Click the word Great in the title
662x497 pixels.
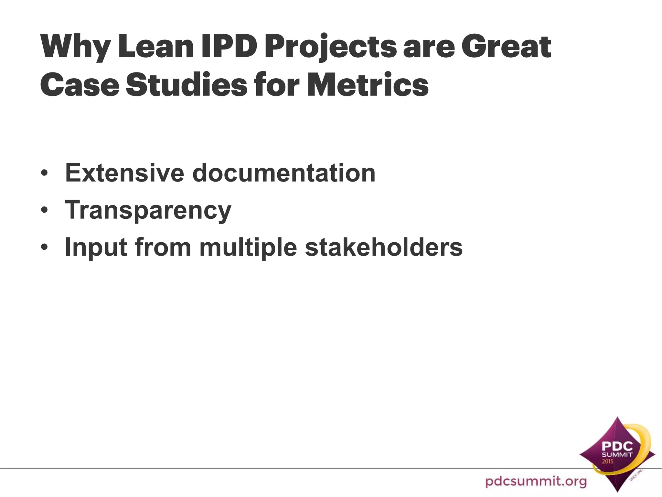pos(506,47)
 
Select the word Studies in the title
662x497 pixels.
pos(186,85)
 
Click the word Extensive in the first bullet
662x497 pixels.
pos(125,173)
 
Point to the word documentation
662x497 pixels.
pos(284,173)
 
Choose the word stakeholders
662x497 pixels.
pos(384,247)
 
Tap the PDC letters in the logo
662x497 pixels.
pos(617,447)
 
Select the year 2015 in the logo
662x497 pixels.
pos(607,461)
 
